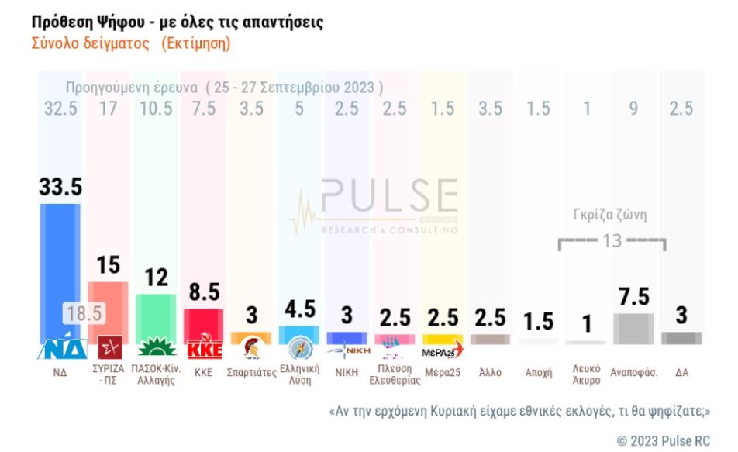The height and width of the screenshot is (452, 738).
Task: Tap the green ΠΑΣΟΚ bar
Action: click(x=156, y=316)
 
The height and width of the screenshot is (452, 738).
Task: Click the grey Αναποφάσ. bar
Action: click(x=633, y=329)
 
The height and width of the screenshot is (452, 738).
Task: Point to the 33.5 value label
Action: click(x=60, y=187)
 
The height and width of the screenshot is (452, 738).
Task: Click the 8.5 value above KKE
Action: click(x=205, y=292)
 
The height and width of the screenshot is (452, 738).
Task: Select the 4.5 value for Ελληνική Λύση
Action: click(x=299, y=308)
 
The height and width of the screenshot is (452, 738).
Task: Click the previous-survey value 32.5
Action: click(x=60, y=109)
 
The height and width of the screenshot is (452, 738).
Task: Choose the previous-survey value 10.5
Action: click(x=156, y=109)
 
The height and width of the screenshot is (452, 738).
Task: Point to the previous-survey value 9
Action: click(x=634, y=109)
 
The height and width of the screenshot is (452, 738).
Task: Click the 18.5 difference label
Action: click(x=84, y=313)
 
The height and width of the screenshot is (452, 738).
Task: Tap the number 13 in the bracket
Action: click(x=612, y=240)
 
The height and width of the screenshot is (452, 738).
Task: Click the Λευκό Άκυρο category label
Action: click(x=585, y=374)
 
